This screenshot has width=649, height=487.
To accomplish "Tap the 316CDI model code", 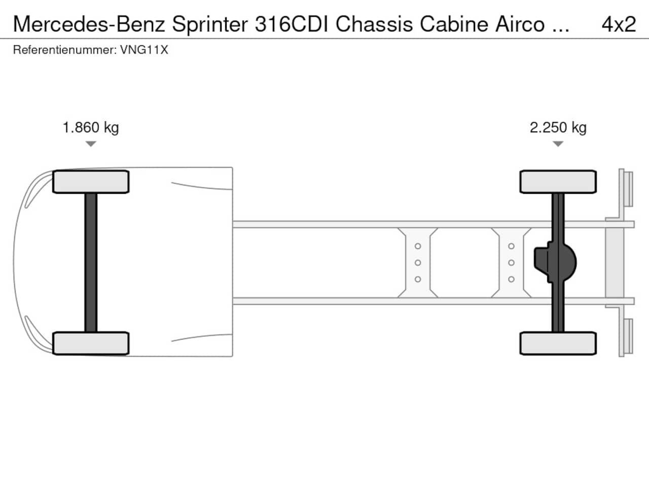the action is [x=292, y=24].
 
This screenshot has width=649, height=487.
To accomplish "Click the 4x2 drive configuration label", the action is [x=619, y=24].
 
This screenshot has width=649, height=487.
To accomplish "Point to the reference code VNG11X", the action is [x=144, y=50].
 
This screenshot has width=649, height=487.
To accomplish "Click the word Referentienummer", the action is [x=65, y=50].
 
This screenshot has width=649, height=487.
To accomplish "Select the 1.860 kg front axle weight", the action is [x=91, y=128].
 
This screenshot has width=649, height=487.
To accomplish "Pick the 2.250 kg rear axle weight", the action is [x=558, y=128].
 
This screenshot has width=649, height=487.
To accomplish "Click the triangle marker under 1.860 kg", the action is [x=91, y=144].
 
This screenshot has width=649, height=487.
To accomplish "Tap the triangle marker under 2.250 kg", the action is [x=558, y=144].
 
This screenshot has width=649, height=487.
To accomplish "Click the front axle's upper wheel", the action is [x=91, y=182].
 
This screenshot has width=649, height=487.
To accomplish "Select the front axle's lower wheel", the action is [x=91, y=343].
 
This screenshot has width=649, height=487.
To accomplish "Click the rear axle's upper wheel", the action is [x=558, y=182].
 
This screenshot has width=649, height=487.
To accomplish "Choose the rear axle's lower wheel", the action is [x=558, y=343].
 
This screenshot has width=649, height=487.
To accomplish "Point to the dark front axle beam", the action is [x=91, y=263].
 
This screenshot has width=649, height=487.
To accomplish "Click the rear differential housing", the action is [x=555, y=262].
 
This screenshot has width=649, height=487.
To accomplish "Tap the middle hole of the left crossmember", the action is [x=418, y=263].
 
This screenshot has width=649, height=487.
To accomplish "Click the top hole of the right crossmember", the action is [x=511, y=246].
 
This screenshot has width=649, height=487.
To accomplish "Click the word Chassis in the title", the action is [x=374, y=24].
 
